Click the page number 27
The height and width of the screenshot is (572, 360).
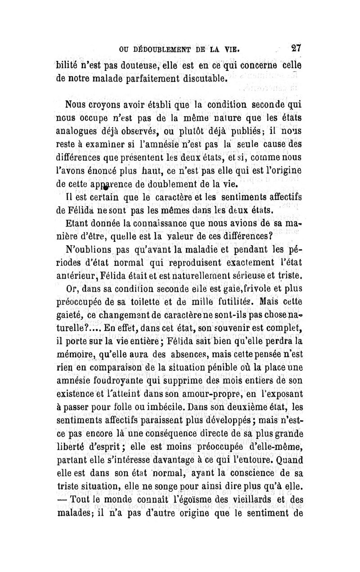click(296, 48)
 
